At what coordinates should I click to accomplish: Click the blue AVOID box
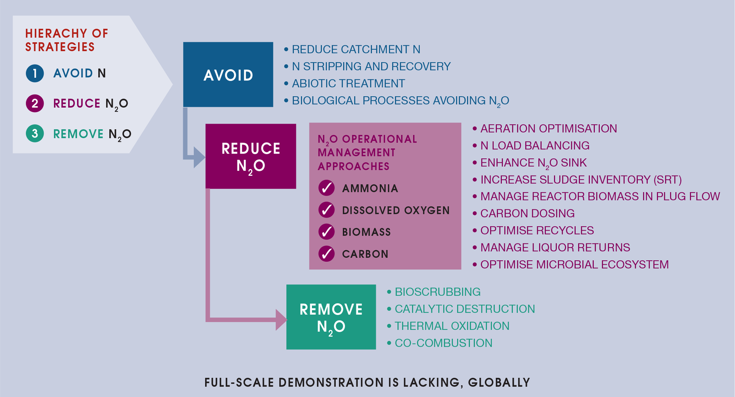click(x=228, y=74)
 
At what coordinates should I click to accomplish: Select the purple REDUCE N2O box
click(x=251, y=156)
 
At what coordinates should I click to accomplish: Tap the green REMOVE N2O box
click(x=331, y=317)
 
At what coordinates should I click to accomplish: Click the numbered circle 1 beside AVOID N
click(x=35, y=73)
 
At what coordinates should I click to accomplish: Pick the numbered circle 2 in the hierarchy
click(x=35, y=103)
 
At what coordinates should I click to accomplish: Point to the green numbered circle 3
click(x=35, y=133)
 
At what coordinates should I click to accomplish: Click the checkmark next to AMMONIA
click(x=327, y=188)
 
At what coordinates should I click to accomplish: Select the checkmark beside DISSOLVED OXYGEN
click(x=327, y=210)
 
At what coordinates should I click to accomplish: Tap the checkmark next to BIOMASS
click(x=327, y=231)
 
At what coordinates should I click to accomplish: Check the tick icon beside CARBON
click(x=327, y=254)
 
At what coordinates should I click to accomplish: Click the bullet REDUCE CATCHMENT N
click(x=356, y=49)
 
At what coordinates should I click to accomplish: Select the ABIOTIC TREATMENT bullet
click(x=348, y=84)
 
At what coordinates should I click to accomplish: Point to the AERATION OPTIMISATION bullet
click(x=548, y=129)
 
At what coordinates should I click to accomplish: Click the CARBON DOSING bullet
click(x=527, y=213)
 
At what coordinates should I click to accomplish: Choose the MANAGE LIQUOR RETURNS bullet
click(x=555, y=248)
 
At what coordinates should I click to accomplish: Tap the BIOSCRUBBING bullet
click(x=437, y=292)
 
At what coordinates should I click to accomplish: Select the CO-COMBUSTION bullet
click(x=443, y=343)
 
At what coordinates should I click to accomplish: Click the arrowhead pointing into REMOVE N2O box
click(x=281, y=320)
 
